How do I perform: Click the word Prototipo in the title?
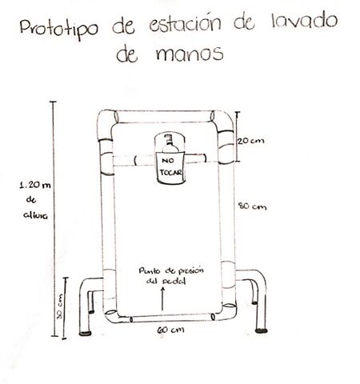tap(59, 29)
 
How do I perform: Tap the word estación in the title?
tap(185, 22)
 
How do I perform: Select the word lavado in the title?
tap(304, 21)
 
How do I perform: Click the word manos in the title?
tap(190, 54)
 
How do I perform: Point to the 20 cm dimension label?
tap(251, 141)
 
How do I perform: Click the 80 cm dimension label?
tap(252, 206)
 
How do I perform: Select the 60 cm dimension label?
tap(170, 330)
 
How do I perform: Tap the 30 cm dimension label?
tap(59, 306)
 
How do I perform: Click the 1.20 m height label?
tap(35, 185)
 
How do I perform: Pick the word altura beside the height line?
tap(35, 215)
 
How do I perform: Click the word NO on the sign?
tap(167, 161)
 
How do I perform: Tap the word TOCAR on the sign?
tap(171, 173)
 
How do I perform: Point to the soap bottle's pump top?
tap(168, 138)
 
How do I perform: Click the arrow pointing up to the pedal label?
tap(162, 298)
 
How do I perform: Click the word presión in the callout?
tap(190, 270)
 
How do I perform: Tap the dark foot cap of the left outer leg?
tap(86, 334)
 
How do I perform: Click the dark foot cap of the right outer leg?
tap(262, 330)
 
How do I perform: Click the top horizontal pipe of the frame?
tap(165, 117)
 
